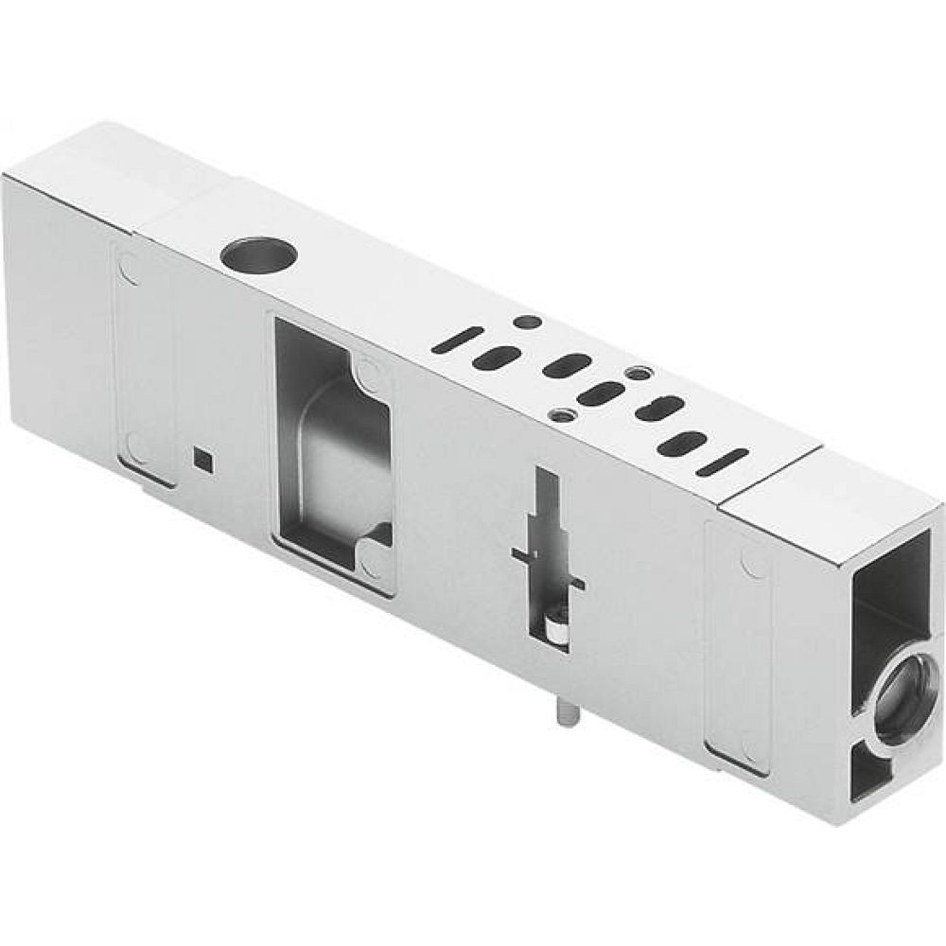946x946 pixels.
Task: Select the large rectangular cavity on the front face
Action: [x=332, y=455]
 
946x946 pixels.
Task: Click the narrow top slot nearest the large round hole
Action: [x=457, y=340]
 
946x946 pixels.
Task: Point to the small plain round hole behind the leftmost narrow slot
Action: [x=528, y=323]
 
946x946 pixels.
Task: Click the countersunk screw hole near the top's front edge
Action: [x=565, y=414]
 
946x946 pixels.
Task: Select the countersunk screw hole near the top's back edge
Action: [x=639, y=374]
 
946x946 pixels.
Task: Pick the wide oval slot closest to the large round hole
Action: [x=497, y=358]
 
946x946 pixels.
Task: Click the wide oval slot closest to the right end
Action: [x=681, y=444]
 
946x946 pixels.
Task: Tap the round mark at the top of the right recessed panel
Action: [x=754, y=564]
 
